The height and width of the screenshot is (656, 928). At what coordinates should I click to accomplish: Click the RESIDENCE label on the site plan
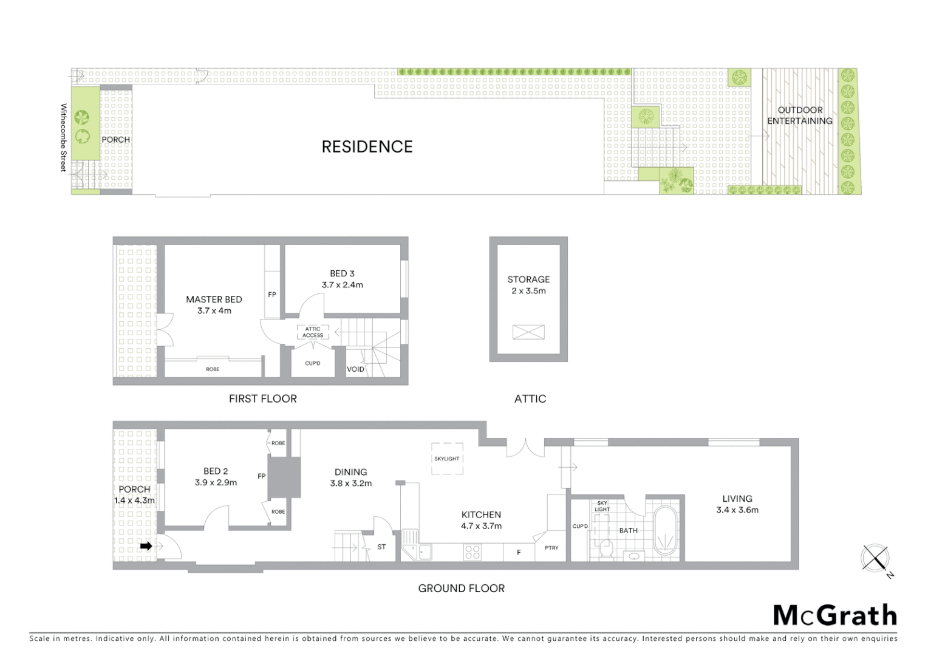[367, 146]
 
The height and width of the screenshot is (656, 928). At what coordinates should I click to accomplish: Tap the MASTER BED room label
[214, 299]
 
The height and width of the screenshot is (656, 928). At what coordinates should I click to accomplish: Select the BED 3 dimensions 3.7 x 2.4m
[343, 285]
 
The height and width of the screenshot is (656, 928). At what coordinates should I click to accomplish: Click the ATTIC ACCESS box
[313, 332]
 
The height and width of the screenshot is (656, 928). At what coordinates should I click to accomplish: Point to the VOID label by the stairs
[355, 369]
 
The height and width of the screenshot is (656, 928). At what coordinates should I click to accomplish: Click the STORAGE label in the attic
[528, 279]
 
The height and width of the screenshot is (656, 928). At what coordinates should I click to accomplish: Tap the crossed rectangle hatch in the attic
[528, 332]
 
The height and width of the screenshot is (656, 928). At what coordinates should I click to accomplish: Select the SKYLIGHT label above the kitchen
[447, 459]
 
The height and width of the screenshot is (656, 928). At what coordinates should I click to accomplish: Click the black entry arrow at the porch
[146, 546]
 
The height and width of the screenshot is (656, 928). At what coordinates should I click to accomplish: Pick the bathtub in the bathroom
[666, 528]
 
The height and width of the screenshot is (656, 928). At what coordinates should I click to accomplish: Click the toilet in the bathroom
[606, 548]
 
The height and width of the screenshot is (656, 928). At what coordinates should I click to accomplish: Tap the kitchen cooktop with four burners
[473, 552]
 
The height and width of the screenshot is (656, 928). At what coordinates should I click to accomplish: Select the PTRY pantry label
[551, 548]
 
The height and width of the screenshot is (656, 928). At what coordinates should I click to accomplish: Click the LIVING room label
[737, 499]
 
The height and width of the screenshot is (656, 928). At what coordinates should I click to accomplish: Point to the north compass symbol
[875, 558]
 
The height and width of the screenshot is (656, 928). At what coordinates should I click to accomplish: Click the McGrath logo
[835, 615]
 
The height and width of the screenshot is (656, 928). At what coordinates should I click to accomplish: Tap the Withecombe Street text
[63, 137]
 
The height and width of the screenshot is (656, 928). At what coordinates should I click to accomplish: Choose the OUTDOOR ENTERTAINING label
[800, 115]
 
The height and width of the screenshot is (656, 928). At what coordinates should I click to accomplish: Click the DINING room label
[351, 472]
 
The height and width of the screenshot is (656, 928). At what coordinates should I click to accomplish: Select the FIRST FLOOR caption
[263, 398]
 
